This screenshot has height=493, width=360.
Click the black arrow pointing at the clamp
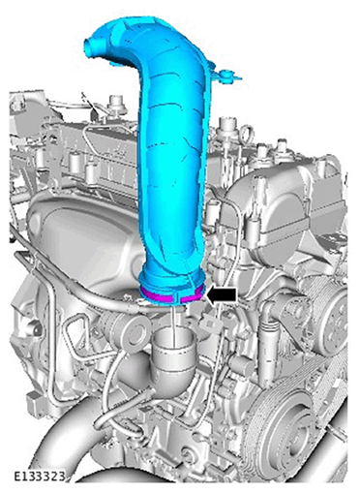(222, 295)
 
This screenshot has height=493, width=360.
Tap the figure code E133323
(40, 476)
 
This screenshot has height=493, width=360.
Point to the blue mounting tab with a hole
(226, 77)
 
